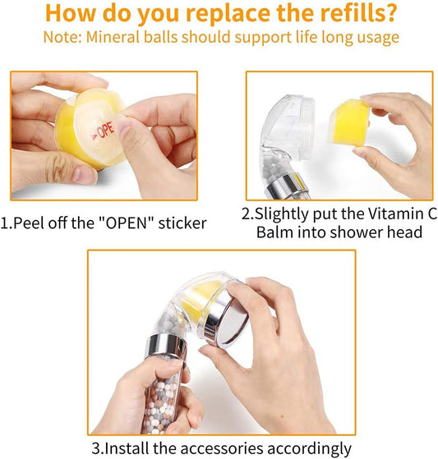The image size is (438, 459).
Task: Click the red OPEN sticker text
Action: [x=103, y=131]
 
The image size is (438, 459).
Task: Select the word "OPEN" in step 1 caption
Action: [x=126, y=223]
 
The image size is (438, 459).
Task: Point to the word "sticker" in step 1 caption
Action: [x=182, y=223]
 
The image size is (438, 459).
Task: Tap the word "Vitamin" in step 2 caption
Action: [x=392, y=213]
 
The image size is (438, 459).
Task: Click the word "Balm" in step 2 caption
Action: [x=274, y=232]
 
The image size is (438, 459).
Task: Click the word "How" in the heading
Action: [x=71, y=13]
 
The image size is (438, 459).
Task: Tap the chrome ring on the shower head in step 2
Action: [x=287, y=186]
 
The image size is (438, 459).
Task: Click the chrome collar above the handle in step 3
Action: [x=166, y=347]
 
